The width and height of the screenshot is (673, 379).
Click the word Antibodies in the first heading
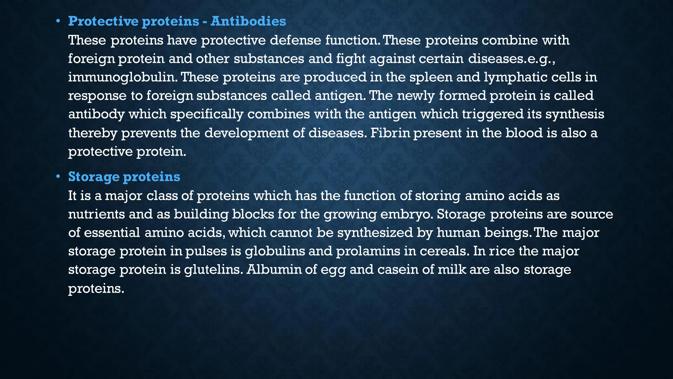tap(248, 21)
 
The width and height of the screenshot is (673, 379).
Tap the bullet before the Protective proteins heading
tap(58, 22)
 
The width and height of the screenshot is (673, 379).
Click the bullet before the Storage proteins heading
tap(58, 177)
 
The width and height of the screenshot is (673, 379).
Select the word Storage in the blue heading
tap(94, 177)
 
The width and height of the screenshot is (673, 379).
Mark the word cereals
tap(444, 251)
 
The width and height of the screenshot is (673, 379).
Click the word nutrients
tap(96, 214)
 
